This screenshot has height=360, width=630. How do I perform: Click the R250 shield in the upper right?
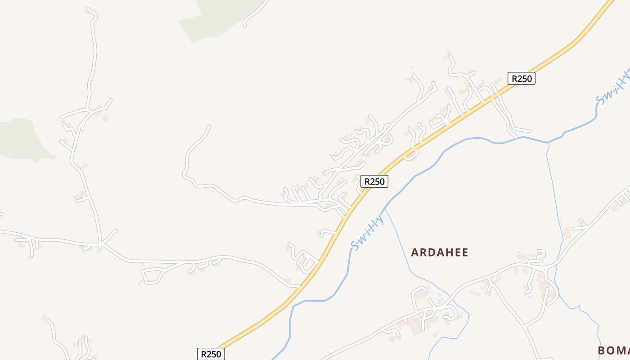pyautogui.click(x=522, y=79)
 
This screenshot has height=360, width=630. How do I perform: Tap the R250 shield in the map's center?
pyautogui.click(x=374, y=181)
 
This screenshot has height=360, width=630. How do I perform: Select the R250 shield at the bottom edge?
pyautogui.click(x=211, y=354)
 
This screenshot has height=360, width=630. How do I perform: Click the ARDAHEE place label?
pyautogui.click(x=440, y=252)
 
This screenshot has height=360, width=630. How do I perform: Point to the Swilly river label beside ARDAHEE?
pyautogui.click(x=368, y=233)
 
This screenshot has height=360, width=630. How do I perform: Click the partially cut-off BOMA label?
pyautogui.click(x=613, y=350)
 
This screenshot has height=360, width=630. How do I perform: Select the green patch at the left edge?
pyautogui.click(x=20, y=139)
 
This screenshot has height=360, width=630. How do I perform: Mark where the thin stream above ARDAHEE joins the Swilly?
pyautogui.click(x=385, y=209)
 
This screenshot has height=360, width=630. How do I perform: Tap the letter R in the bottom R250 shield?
pyautogui.click(x=203, y=354)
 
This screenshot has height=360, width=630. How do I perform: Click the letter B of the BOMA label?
pyautogui.click(x=602, y=350)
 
